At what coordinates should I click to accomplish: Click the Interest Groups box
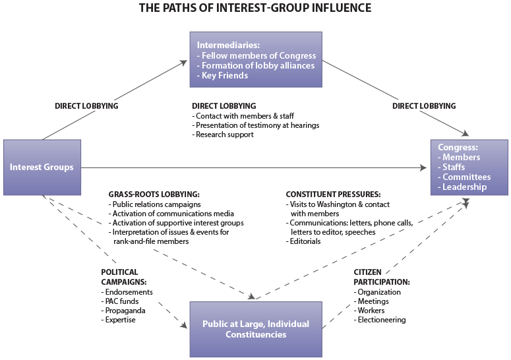pyautogui.click(x=42, y=167)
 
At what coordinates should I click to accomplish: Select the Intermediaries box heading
pyautogui.click(x=224, y=45)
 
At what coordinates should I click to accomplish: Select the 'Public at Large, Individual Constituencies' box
pyautogui.click(x=255, y=329)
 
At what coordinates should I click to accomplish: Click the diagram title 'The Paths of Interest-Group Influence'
pyautogui.click(x=255, y=9)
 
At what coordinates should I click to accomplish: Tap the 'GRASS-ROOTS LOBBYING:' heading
pyautogui.click(x=154, y=195)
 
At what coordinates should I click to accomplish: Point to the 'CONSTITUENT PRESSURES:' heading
pyautogui.click(x=333, y=195)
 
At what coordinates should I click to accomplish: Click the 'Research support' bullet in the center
pyautogui.click(x=224, y=135)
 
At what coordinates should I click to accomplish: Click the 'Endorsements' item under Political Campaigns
pyautogui.click(x=129, y=292)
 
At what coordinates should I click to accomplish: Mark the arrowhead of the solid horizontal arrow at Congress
pyautogui.click(x=425, y=167)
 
